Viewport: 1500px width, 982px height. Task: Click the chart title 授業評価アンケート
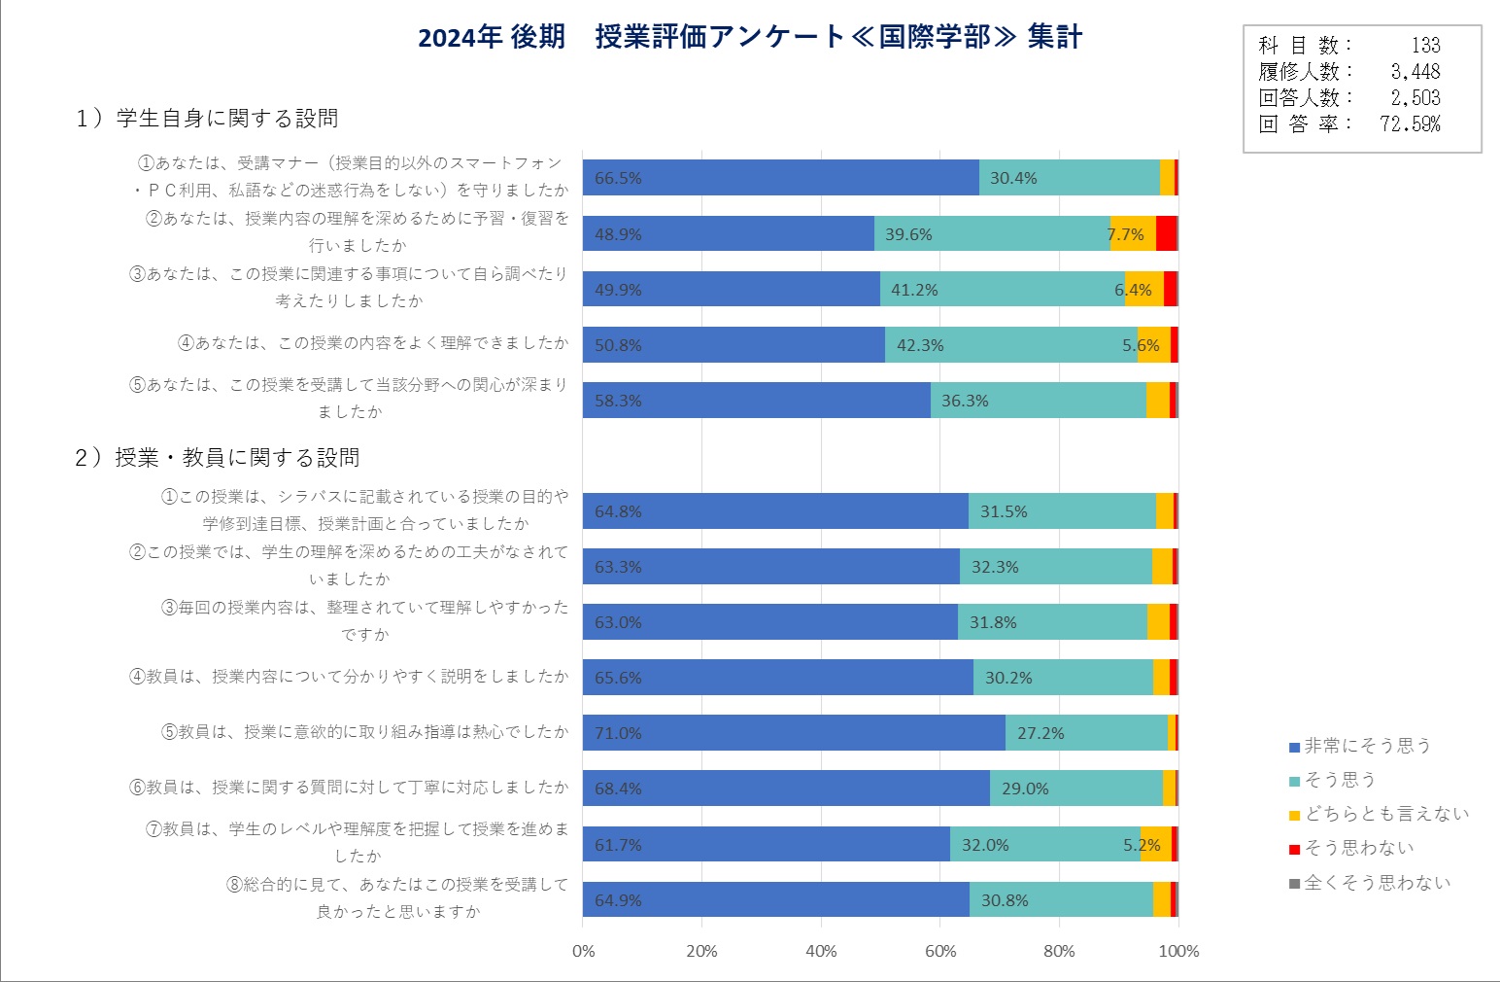tap(749, 37)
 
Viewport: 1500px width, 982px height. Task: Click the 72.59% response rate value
tap(1410, 123)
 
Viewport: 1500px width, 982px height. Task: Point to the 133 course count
tap(1425, 45)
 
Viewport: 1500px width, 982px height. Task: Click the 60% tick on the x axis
tap(940, 951)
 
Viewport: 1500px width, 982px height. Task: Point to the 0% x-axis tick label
tap(583, 951)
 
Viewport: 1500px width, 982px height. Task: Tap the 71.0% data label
tap(618, 733)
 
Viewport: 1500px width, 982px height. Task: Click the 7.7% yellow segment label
tap(1127, 234)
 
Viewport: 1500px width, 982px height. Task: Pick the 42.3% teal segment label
tap(920, 345)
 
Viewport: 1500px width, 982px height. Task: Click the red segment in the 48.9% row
tap(1166, 234)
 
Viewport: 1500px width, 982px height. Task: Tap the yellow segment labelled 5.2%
tap(1155, 845)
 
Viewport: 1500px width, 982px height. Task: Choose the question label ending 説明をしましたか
tap(349, 677)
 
